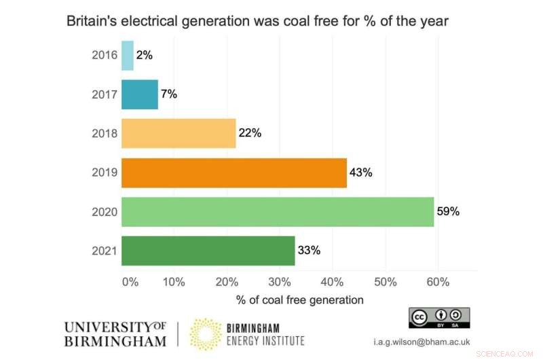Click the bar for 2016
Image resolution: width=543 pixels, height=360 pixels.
click(x=128, y=56)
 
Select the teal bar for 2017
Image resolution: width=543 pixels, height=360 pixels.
click(x=140, y=94)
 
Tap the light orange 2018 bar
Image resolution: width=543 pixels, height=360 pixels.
click(x=179, y=133)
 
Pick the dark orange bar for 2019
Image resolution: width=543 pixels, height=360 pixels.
click(x=234, y=173)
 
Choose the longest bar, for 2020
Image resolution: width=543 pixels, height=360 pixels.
click(x=278, y=211)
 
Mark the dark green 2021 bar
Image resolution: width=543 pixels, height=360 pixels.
click(x=208, y=251)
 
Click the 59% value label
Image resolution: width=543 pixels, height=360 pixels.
click(x=448, y=211)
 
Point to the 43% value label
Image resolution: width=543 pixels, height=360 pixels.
click(x=360, y=173)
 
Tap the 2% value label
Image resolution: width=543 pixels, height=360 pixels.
click(x=143, y=56)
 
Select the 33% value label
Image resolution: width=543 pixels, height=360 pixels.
click(x=309, y=251)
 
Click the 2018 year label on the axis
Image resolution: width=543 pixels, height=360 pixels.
click(x=105, y=134)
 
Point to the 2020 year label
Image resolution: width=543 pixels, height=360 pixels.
click(x=105, y=212)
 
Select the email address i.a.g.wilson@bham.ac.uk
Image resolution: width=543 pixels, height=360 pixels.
click(x=431, y=342)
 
